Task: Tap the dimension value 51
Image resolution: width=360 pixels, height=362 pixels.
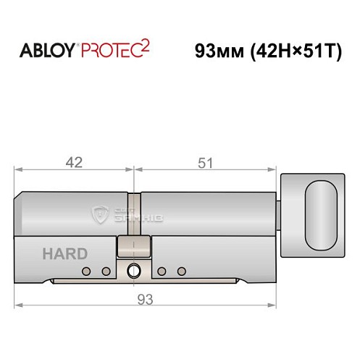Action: click(x=206, y=163)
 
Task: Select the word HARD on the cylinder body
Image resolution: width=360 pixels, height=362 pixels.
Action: click(x=64, y=254)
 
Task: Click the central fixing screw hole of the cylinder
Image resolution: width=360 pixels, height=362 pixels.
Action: click(x=134, y=272)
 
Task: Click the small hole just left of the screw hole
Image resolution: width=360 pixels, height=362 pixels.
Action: click(x=106, y=271)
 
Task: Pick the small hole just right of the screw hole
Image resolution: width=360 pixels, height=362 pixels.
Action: click(x=161, y=271)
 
